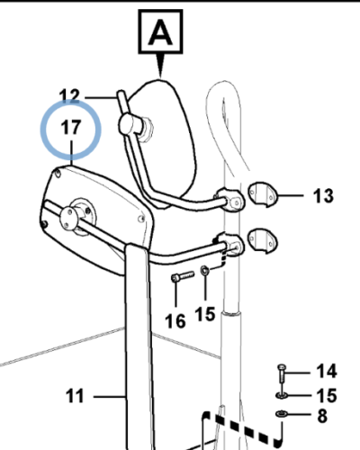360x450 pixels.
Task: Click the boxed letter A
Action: (160, 31)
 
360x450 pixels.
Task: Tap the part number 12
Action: (69, 96)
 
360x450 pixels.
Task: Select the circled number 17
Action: (71, 127)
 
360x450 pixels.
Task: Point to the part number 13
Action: (323, 196)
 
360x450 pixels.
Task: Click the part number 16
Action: (175, 321)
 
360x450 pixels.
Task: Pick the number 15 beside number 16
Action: (205, 314)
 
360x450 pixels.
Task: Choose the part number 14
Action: (327, 371)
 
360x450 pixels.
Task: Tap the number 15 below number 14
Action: (327, 395)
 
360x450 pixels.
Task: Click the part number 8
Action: (322, 416)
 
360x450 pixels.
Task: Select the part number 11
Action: (75, 396)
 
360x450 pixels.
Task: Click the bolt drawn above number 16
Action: (183, 276)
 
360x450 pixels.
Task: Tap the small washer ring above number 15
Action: (205, 270)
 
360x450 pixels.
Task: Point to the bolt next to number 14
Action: (282, 373)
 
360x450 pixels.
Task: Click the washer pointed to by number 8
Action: (282, 414)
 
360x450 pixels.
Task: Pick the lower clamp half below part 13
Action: (263, 240)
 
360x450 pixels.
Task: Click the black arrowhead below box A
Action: (161, 65)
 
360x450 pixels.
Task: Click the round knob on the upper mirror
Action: (130, 124)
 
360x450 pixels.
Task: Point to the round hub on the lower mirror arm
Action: (69, 219)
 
